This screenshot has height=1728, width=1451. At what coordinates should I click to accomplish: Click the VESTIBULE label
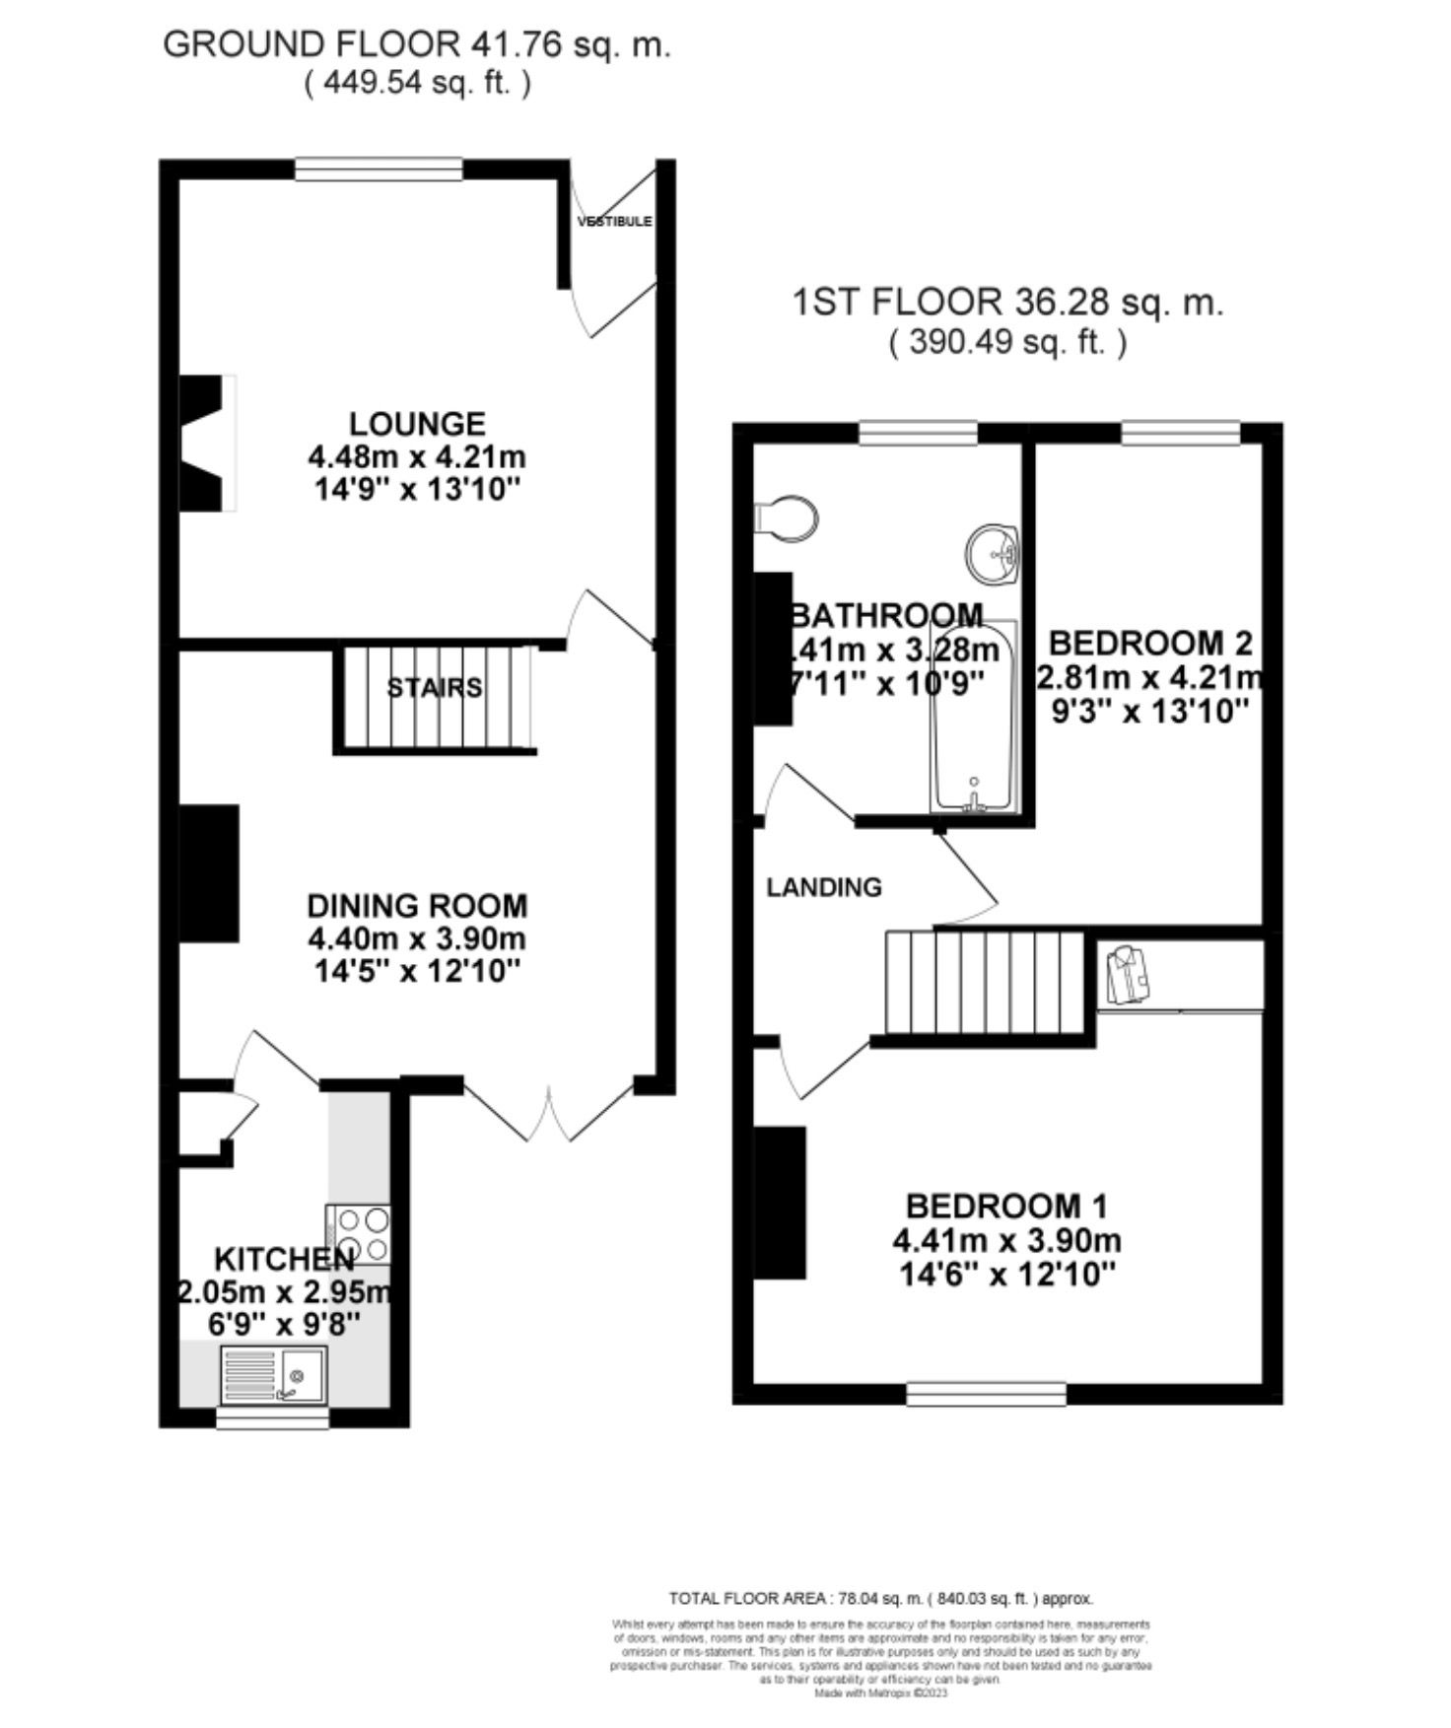[615, 221]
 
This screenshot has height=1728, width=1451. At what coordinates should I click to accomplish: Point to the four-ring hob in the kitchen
[360, 1235]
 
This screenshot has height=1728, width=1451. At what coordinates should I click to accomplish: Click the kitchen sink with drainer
[273, 1373]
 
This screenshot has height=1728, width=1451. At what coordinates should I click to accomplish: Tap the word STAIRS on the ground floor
[435, 687]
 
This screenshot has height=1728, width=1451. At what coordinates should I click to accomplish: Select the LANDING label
[824, 887]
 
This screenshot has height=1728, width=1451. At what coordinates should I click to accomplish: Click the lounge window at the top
[380, 170]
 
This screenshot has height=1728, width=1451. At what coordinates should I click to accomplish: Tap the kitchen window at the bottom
[273, 1417]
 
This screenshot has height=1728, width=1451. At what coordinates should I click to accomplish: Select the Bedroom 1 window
[987, 1393]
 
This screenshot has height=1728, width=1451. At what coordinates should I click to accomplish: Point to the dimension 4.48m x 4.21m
[417, 457]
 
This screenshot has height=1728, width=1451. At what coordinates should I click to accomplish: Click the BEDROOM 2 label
[1149, 644]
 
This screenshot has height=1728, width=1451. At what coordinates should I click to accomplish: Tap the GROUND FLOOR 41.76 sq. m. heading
[416, 44]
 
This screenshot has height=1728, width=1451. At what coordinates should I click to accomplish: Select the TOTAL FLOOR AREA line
[880, 1599]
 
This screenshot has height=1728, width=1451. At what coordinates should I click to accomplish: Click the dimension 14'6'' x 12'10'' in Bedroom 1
[1006, 1275]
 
